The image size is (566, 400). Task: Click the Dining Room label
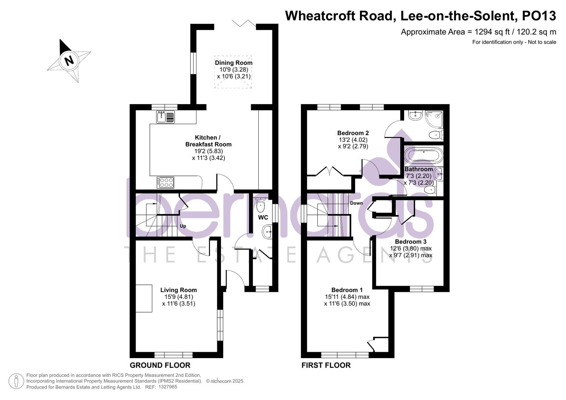(234, 63)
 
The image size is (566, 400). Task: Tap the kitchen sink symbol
(166, 117)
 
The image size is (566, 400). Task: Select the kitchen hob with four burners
(165, 182)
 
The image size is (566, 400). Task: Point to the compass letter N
(69, 60)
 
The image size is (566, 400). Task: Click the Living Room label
(178, 290)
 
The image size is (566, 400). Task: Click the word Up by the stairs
(183, 226)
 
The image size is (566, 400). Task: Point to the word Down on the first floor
(356, 203)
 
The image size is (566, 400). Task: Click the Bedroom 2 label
(353, 133)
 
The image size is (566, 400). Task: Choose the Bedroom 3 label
(410, 242)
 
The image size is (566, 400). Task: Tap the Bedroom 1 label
(347, 290)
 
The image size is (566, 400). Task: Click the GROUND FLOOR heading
(160, 365)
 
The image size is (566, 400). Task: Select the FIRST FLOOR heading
(326, 365)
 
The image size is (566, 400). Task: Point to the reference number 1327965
(168, 387)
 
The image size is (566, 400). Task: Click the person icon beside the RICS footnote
(16, 381)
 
